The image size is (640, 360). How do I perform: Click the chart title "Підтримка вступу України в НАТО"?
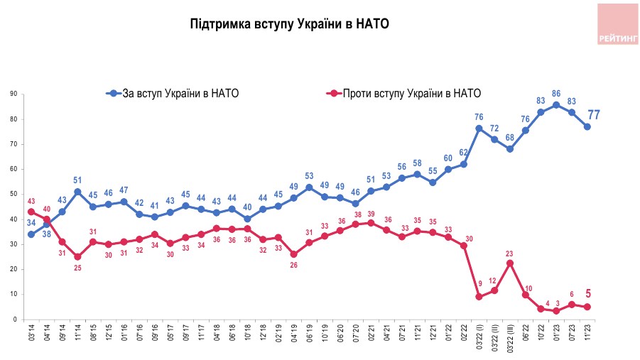click(290, 24)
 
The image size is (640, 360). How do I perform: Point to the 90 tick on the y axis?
click(13, 94)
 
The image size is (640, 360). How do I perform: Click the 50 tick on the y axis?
click(13, 194)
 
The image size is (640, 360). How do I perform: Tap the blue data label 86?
click(557, 94)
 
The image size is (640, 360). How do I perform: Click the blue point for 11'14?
click(77, 191)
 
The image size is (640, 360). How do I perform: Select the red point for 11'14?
click(77, 256)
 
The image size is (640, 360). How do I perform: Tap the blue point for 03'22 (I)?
click(479, 129)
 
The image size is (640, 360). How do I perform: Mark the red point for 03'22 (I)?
click(479, 297)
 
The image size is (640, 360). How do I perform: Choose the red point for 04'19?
click(294, 254)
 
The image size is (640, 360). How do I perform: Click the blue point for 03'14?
click(31, 234)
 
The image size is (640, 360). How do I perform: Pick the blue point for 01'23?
click(557, 105)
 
